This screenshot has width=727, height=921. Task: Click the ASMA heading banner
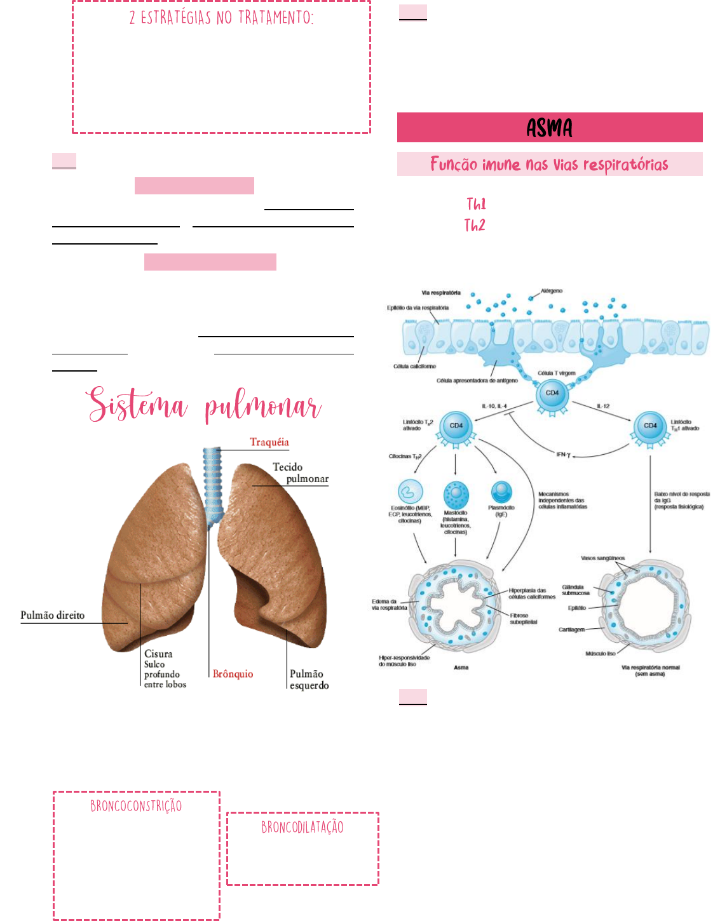(550, 128)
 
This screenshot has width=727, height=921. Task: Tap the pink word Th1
(476, 204)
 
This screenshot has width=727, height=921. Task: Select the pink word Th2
(475, 225)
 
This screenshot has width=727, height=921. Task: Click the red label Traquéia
(269, 442)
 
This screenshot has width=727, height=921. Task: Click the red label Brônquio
(233, 674)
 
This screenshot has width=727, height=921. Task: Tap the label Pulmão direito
(52, 615)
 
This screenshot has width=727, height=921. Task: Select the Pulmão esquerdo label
(309, 680)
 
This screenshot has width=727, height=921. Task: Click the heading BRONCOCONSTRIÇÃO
(136, 806)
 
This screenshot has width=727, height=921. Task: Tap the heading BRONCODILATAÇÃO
(302, 827)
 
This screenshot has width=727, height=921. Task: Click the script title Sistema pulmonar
(205, 405)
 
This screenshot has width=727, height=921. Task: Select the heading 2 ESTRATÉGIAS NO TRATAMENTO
(221, 18)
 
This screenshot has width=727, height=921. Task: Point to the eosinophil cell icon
(411, 492)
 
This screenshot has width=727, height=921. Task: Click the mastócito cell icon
(456, 494)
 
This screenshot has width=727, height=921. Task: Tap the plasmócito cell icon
(501, 492)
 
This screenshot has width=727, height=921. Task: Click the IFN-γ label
(564, 455)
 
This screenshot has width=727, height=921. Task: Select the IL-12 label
(603, 406)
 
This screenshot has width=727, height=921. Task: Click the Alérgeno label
(552, 291)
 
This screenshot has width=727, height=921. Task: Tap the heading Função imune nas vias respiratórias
(550, 165)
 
